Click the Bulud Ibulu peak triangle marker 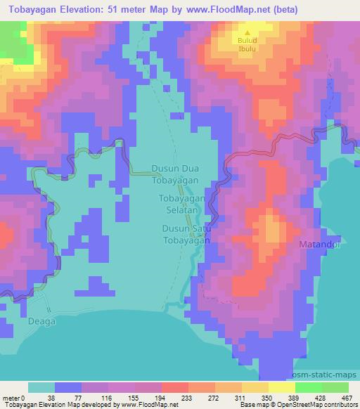(247, 32)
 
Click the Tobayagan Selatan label (181, 204)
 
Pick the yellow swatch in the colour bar (282, 387)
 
